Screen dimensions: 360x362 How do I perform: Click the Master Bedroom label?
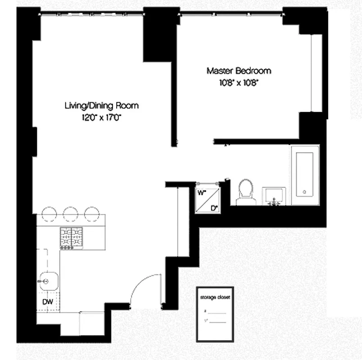coord(239,71)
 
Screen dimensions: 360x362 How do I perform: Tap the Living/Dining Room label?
coord(101,106)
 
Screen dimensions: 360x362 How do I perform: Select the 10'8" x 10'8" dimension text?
coord(239,82)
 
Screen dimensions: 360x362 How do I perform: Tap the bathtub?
coord(305,175)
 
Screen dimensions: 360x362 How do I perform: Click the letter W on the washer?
coord(201,192)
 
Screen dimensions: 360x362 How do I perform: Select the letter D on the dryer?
coord(214,207)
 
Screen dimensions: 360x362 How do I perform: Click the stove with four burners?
coord(72,238)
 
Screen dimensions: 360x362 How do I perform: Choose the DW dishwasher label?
coord(48,302)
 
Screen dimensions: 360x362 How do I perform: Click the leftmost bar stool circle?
coord(48,214)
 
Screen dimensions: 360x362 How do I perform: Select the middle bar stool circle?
coord(70,214)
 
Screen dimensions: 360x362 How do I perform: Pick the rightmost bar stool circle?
coord(91,214)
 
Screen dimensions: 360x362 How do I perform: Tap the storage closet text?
coord(215,297)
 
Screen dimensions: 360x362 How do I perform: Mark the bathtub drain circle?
coord(305,192)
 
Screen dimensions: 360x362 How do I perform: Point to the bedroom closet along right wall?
coord(317,72)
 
